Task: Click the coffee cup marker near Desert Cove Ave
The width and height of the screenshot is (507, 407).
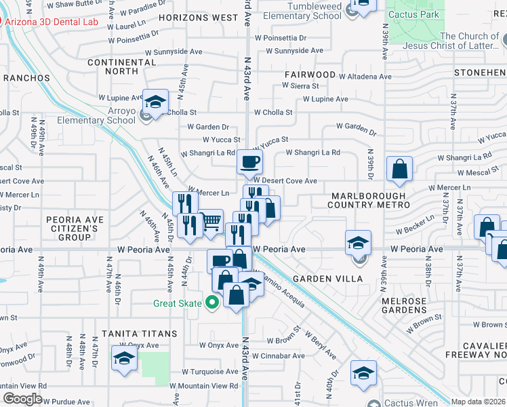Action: click(249, 162)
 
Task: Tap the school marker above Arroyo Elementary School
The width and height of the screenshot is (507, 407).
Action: click(155, 103)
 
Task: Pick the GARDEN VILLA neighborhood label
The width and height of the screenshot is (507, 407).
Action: click(328, 279)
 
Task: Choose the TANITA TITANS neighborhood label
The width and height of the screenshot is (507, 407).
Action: click(140, 334)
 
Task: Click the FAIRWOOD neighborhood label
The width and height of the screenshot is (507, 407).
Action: click(310, 74)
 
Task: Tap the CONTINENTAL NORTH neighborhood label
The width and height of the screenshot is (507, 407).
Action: click(122, 66)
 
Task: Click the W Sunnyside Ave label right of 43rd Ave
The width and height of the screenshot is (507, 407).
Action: click(289, 51)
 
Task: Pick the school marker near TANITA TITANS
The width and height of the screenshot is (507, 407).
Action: click(124, 360)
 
